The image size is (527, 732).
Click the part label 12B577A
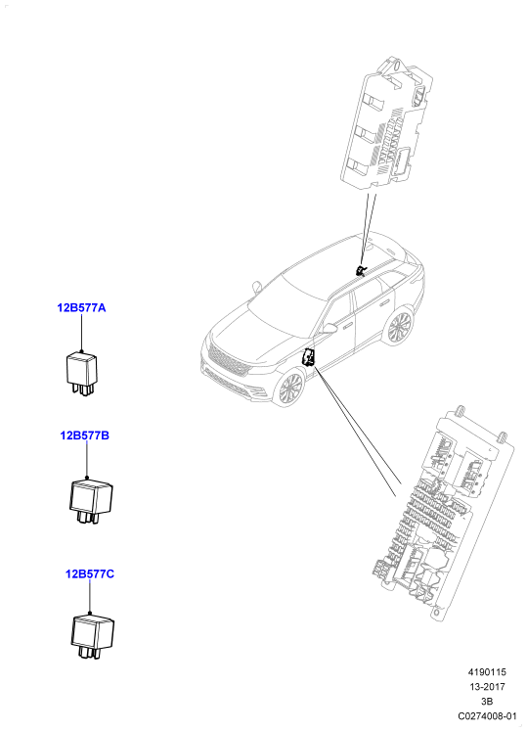click(81, 308)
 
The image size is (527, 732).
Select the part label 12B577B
click(84, 435)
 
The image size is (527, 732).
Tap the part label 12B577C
click(90, 573)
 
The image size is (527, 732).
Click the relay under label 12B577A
click(81, 374)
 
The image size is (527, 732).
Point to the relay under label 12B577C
click(92, 637)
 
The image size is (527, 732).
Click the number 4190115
click(487, 672)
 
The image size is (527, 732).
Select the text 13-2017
click(487, 687)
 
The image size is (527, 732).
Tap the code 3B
click(487, 702)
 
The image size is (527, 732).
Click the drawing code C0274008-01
click(487, 716)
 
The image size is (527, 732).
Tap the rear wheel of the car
click(399, 327)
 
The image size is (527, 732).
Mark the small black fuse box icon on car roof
click(360, 270)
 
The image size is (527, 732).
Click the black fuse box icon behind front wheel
click(309, 357)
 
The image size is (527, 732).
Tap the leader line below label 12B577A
click(81, 333)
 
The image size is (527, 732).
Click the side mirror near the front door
click(329, 328)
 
